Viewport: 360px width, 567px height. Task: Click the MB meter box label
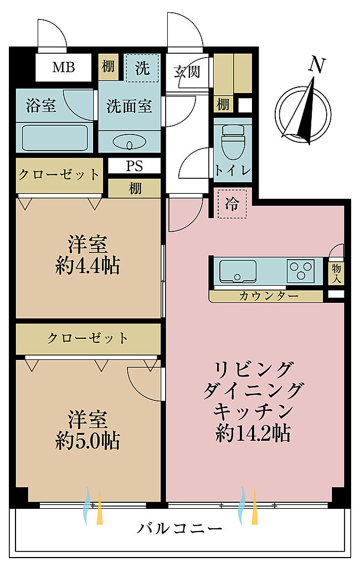tap(64, 67)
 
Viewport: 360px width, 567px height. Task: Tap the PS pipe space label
tap(134, 166)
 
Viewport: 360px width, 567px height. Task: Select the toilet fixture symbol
tap(233, 142)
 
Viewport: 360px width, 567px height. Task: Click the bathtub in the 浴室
tap(55, 138)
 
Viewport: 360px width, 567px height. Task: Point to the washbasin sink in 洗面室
tap(130, 142)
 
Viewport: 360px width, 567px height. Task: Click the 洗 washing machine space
tap(142, 68)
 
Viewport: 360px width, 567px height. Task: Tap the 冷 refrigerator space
tap(232, 204)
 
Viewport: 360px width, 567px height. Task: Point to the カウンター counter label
tap(269, 296)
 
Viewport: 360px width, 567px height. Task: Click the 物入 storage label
tap(336, 273)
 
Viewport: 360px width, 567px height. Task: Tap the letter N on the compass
tap(317, 65)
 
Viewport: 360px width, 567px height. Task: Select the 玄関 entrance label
tap(187, 72)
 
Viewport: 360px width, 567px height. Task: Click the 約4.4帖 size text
tap(88, 266)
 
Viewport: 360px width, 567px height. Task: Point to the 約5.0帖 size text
tap(88, 440)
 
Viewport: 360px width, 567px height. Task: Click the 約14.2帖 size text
tap(253, 432)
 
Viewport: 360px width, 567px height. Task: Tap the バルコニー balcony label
tap(179, 529)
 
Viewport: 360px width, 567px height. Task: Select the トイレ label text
tap(233, 170)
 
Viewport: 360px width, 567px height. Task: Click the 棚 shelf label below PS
tap(135, 188)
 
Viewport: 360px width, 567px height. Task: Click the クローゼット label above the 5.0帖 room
tap(88, 338)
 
